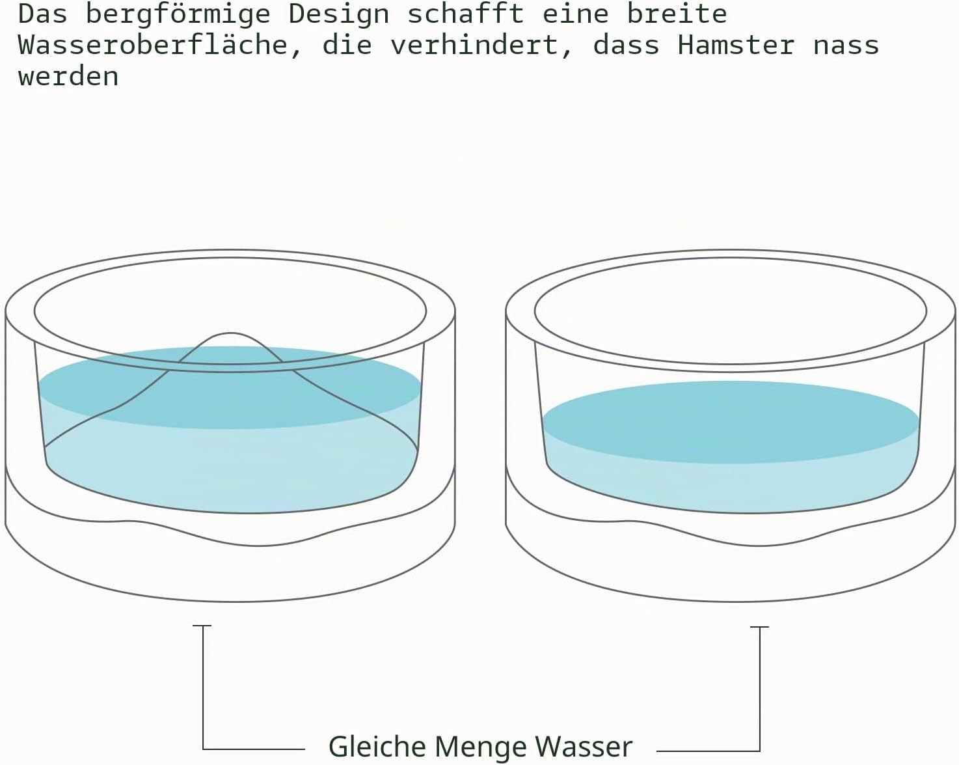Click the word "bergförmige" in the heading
(178, 15)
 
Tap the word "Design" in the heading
(339, 14)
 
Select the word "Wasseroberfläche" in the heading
(153, 45)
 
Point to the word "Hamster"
(736, 45)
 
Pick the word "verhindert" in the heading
(474, 45)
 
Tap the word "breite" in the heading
(677, 14)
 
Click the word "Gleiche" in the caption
(377, 746)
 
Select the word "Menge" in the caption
(480, 747)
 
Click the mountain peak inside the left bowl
(230, 333)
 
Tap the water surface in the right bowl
(731, 422)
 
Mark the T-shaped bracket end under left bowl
(202, 626)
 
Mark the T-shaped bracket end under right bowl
(759, 627)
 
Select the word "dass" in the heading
(626, 45)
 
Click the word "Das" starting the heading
(42, 14)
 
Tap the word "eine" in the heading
(575, 14)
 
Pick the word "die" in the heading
(347, 45)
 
